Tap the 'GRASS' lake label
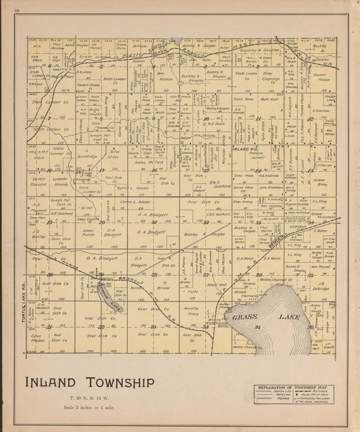pos(245,317)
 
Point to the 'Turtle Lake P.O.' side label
pos(24,304)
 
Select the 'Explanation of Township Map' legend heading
pos(295,387)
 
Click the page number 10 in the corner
pos(17,10)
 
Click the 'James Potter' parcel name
pos(88,232)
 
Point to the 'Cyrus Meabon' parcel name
pos(38,338)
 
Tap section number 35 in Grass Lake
pos(258,327)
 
